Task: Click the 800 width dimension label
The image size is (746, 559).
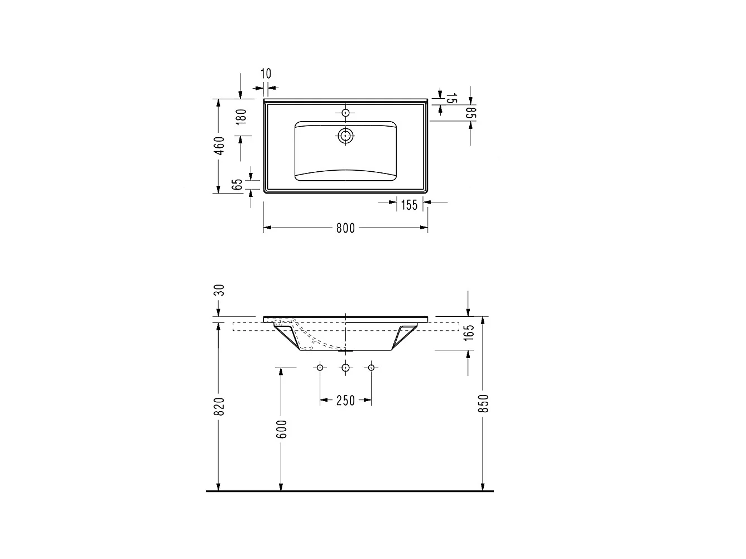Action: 345,228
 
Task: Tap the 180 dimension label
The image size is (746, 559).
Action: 240,117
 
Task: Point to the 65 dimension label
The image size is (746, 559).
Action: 238,185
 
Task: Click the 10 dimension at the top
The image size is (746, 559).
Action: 266,73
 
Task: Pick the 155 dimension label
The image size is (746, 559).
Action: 409,205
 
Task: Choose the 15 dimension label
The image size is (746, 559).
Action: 452,99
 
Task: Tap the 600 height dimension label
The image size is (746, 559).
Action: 281,428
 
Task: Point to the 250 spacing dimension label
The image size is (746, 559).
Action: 345,400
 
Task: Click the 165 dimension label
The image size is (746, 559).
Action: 469,332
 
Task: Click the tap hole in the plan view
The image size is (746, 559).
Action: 345,113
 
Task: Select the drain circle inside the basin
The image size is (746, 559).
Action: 345,135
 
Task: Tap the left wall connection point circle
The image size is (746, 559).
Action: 320,367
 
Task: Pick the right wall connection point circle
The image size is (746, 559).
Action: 371,367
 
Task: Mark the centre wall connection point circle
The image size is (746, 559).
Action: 345,367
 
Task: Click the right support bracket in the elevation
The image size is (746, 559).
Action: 403,336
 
